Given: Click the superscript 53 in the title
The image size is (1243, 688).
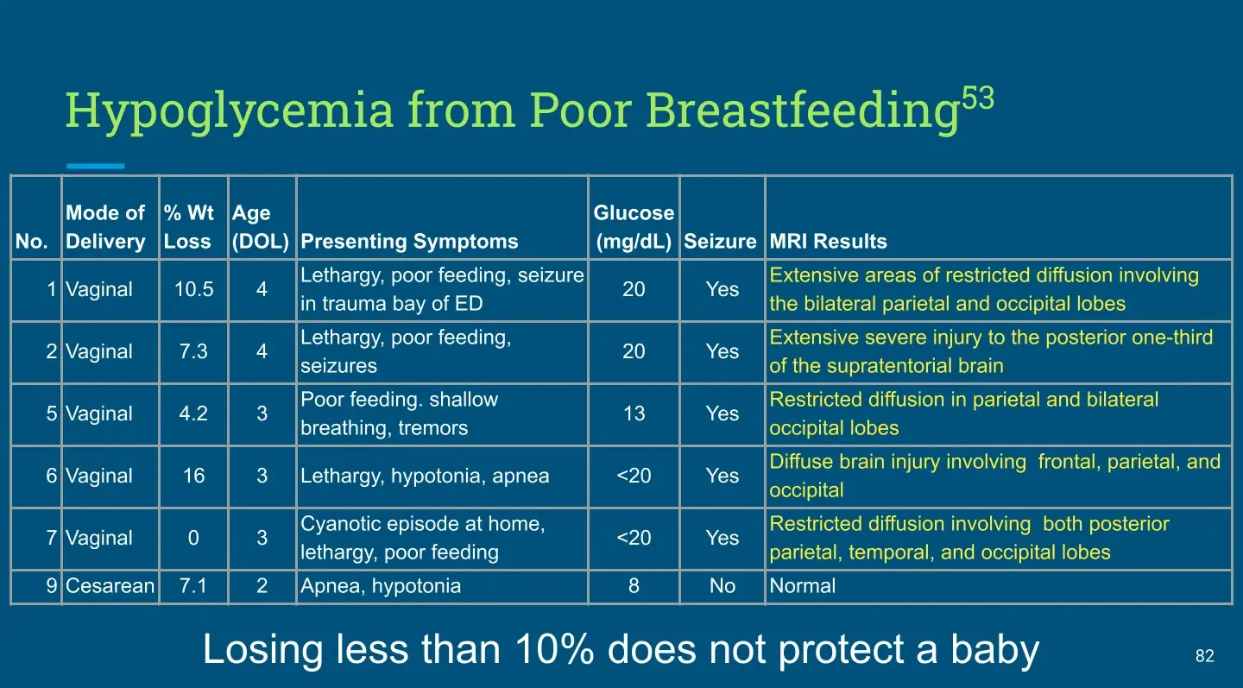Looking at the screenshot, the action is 978,98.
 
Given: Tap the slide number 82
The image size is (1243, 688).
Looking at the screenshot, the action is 1205,656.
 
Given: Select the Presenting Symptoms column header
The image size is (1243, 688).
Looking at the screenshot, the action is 409,242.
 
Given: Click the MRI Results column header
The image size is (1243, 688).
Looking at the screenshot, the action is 828,242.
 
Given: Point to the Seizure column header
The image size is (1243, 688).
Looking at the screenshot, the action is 720,242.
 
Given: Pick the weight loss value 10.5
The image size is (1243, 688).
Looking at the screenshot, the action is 193,289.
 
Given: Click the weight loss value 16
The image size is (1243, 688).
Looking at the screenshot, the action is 193,476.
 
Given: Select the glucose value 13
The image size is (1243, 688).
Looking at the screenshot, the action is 634,413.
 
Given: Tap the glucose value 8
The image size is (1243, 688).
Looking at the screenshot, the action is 634,586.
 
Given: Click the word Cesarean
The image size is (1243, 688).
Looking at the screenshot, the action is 110,586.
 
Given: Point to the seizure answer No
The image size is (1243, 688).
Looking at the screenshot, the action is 722,586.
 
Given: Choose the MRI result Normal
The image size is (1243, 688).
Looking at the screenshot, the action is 803,586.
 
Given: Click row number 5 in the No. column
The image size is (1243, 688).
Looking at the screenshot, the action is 52,413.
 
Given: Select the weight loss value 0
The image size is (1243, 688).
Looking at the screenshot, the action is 193,538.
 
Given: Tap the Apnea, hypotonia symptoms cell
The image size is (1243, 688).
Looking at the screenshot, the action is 381,586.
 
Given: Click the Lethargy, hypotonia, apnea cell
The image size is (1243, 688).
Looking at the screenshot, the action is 425,476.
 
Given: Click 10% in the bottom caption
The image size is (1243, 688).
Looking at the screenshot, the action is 555,649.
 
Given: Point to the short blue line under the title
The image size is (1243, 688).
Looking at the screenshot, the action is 96,166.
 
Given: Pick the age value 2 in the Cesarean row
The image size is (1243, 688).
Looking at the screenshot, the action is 262,586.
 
